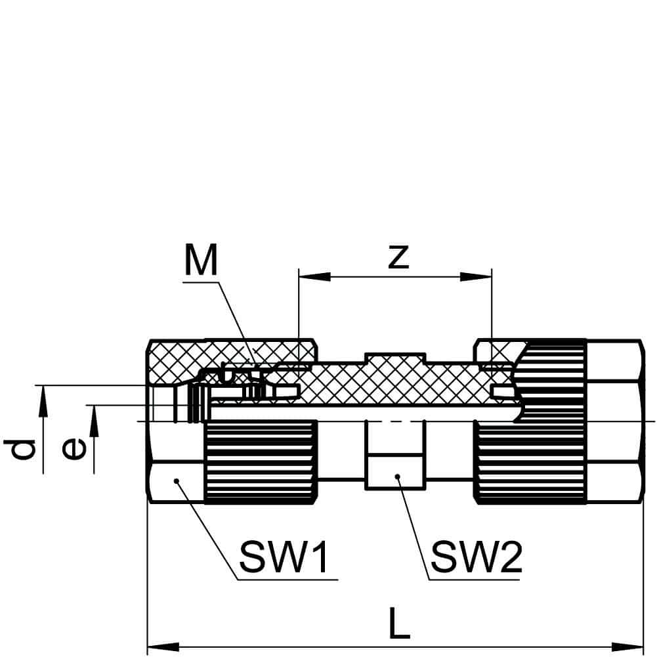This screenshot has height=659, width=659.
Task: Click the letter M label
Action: tap(202, 260)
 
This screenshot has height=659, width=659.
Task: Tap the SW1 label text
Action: tap(283, 557)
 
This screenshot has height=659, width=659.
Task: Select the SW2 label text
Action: tap(476, 557)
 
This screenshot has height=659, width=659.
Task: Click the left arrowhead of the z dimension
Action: tap(314, 277)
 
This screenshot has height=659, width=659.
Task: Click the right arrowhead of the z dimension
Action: tap(476, 277)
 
